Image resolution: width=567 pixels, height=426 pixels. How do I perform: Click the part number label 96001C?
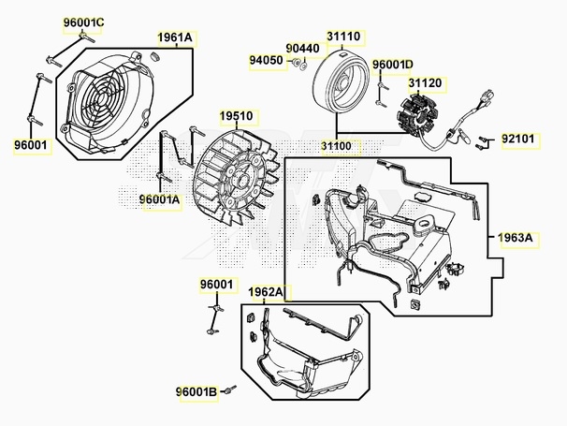pyautogui.click(x=84, y=22)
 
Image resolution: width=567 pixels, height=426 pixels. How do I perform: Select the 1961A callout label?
pyautogui.click(x=175, y=37)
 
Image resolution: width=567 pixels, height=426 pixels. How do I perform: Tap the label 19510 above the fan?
pyautogui.click(x=237, y=116)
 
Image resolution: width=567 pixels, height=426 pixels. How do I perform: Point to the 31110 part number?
pyautogui.click(x=343, y=37)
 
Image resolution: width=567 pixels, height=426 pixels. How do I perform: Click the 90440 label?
pyautogui.click(x=302, y=49)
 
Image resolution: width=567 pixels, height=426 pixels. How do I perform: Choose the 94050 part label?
pyautogui.click(x=266, y=60)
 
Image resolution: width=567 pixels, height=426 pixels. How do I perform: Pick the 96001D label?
pyautogui.click(x=393, y=65)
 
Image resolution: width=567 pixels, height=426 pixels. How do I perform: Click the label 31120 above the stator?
pyautogui.click(x=425, y=83)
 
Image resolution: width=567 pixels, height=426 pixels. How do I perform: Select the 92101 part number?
pyautogui.click(x=517, y=139)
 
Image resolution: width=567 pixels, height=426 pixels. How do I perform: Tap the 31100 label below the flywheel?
pyautogui.click(x=336, y=146)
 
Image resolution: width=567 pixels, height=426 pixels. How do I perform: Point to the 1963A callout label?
pyautogui.click(x=516, y=238)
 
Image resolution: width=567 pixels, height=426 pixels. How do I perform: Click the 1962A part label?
pyautogui.click(x=266, y=292)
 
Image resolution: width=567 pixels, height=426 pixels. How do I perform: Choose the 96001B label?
pyautogui.click(x=196, y=392)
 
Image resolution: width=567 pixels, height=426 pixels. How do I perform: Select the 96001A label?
pyautogui.click(x=159, y=199)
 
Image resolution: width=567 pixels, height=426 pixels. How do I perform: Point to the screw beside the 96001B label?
pyautogui.click(x=229, y=389)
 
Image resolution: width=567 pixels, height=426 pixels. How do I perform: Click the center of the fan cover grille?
pyautogui.click(x=102, y=97)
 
